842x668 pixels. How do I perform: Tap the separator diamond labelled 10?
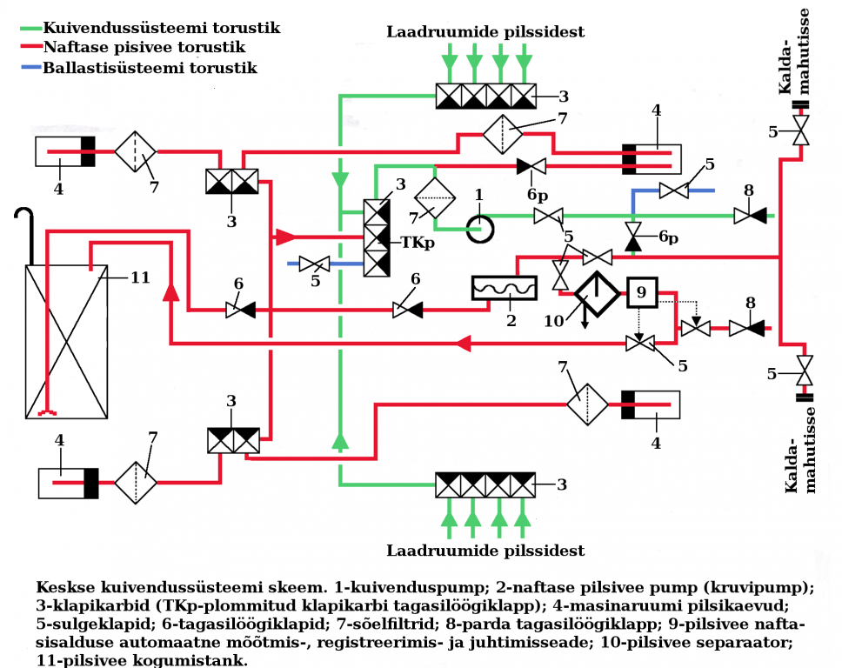tap(597, 294)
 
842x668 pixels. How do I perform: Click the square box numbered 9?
tap(642, 293)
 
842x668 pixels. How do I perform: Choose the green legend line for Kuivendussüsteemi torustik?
tap(31, 28)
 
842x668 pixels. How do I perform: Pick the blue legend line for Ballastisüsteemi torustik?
tap(31, 67)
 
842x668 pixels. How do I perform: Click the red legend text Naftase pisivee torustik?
tap(144, 47)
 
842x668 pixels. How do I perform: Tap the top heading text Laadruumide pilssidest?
tap(485, 32)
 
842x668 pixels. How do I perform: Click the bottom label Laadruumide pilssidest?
tap(485, 551)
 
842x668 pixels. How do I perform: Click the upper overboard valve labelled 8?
tap(747, 215)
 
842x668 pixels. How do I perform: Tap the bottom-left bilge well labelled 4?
tap(68, 483)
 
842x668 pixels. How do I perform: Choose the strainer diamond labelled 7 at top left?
tap(135, 150)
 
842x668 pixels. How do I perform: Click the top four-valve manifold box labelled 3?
tap(486, 95)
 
